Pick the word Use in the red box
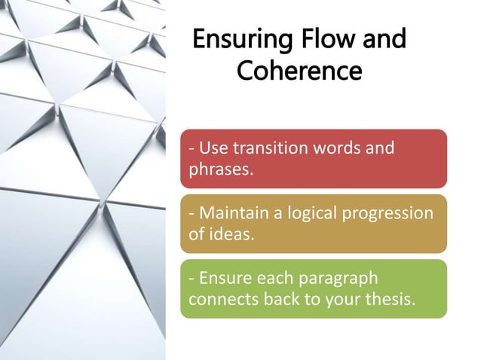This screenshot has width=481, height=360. [212, 148]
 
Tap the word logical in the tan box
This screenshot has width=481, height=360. [309, 213]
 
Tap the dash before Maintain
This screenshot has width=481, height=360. [191, 214]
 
